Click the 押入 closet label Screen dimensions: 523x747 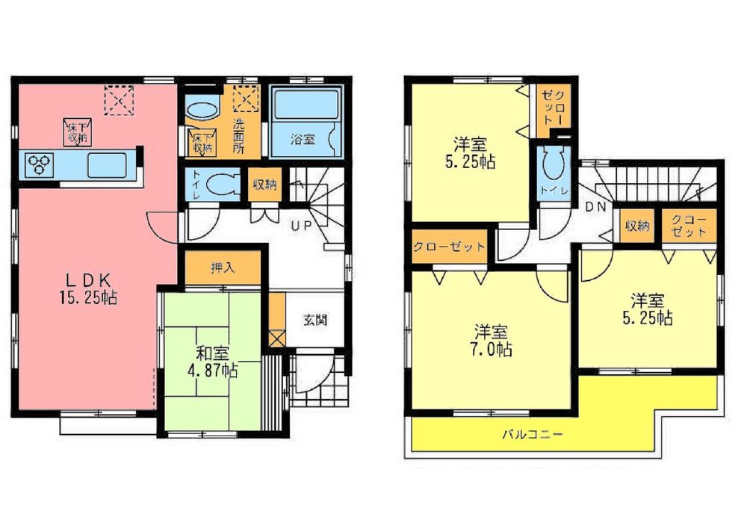click(222, 268)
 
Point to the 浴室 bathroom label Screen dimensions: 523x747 click(302, 139)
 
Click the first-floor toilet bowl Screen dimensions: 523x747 click(222, 184)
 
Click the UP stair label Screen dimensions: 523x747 click(303, 224)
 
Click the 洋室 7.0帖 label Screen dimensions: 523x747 click(491, 341)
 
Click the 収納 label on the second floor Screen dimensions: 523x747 click(637, 226)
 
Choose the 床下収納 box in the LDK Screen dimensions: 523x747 click(77, 131)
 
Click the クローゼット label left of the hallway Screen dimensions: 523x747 click(450, 247)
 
